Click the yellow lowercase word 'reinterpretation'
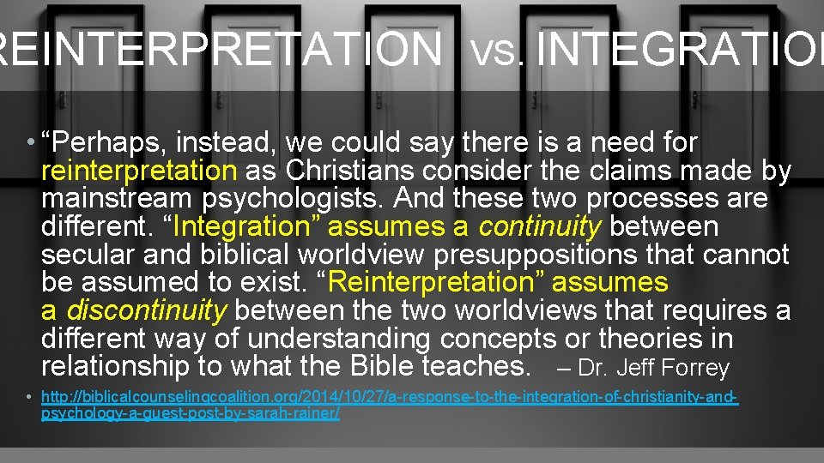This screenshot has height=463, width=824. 138,171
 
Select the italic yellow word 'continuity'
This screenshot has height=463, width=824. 540,227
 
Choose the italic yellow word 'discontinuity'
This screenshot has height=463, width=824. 147,310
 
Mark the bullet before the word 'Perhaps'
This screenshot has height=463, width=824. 30,143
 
